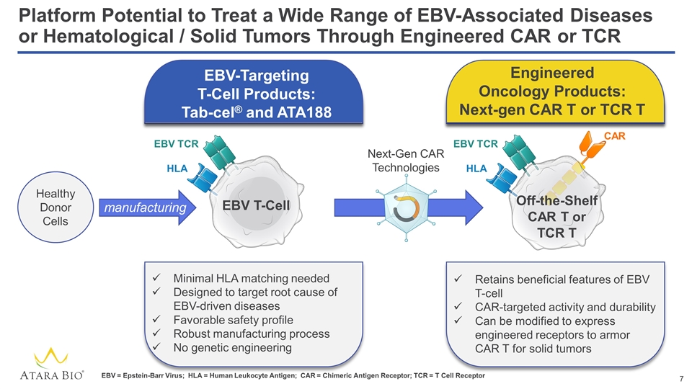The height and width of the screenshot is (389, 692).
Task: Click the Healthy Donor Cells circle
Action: [x=56, y=207]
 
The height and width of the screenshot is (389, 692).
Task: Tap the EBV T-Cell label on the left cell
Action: [x=256, y=205]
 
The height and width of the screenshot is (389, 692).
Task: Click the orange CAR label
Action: [x=614, y=136]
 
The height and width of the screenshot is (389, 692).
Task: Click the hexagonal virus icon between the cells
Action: [x=406, y=207]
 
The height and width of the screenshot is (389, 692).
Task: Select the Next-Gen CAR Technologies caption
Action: [x=406, y=161]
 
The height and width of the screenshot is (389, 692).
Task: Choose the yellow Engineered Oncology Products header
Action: [x=555, y=91]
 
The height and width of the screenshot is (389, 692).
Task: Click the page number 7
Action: [x=681, y=378]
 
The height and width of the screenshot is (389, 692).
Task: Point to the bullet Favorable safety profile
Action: [x=233, y=320]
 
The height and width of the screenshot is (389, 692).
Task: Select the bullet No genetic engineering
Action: [x=232, y=347]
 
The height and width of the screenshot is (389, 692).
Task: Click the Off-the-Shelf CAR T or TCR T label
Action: [x=556, y=217]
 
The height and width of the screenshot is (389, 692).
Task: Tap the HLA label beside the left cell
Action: [x=177, y=169]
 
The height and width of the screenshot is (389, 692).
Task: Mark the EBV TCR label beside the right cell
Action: [x=475, y=144]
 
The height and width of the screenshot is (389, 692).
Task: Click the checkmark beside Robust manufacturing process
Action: [x=156, y=333]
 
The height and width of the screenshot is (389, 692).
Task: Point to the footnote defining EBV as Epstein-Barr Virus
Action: [x=143, y=376]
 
